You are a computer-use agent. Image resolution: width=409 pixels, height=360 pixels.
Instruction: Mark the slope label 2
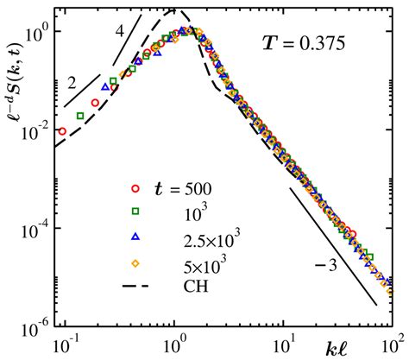pos(72,85)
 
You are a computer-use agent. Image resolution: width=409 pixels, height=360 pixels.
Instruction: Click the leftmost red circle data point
pos(62,132)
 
